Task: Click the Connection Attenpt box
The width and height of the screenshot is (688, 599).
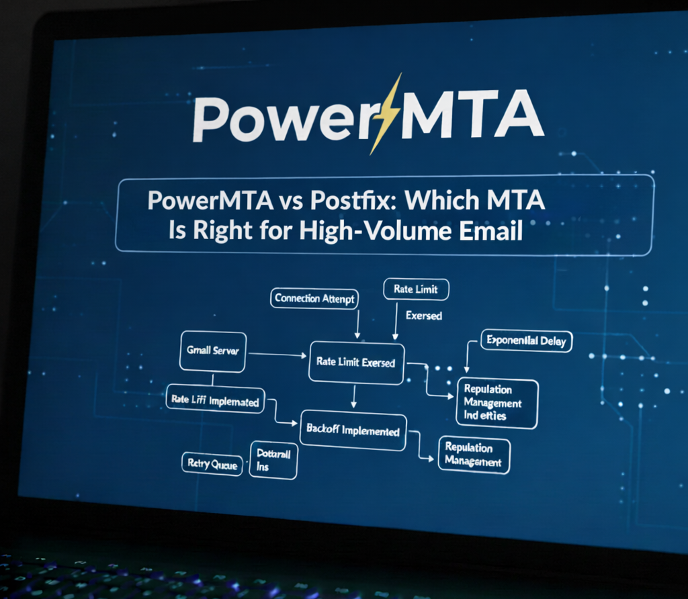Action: click(x=314, y=299)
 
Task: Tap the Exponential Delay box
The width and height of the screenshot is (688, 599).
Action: click(x=525, y=341)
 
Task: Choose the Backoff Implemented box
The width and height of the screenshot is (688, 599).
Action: click(x=353, y=430)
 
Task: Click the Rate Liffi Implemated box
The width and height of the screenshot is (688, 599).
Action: click(x=214, y=402)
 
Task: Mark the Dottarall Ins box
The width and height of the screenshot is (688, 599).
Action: click(x=273, y=460)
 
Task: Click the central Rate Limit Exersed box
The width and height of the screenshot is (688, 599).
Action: click(x=355, y=361)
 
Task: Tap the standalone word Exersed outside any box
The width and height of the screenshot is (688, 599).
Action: click(x=424, y=315)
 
